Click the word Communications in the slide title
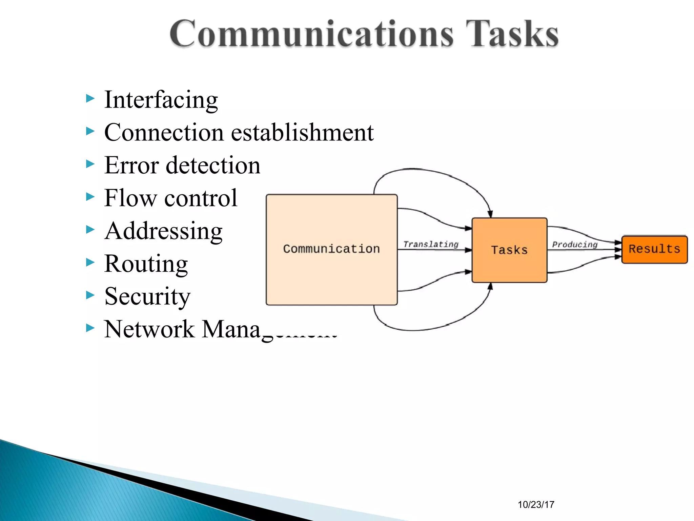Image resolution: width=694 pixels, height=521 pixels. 311,34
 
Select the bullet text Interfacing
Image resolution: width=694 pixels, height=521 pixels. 161,100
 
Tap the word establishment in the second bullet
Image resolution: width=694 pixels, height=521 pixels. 302,132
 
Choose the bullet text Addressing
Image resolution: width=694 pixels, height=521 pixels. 163,231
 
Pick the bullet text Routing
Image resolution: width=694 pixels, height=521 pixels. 146,264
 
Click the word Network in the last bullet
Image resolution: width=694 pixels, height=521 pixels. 149,329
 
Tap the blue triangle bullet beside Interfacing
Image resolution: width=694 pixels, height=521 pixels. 90,99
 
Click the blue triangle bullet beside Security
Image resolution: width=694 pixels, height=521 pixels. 90,295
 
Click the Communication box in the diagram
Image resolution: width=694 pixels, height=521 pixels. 331,249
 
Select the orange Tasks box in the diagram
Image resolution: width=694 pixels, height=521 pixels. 509,250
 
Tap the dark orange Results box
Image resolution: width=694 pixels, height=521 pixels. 654,249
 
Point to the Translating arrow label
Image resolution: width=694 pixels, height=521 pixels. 431,244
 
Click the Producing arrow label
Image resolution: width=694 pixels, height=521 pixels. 575,245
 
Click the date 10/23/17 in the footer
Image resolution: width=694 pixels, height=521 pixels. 536,505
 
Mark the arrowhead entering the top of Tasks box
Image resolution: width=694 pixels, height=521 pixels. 490,214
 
